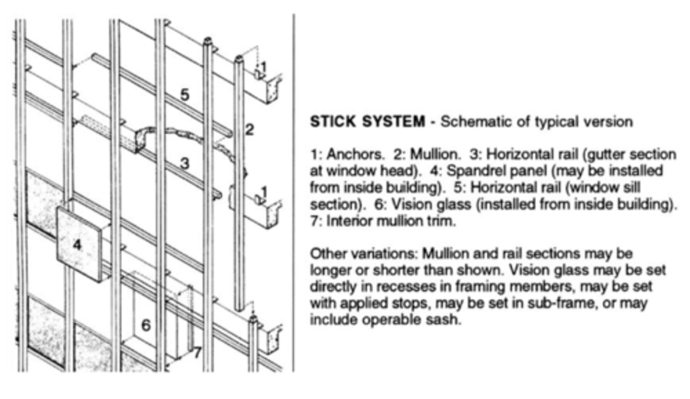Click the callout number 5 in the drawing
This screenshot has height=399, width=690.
[184, 95]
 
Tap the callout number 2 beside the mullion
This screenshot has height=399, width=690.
[249, 129]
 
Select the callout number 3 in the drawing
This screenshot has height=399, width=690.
[184, 164]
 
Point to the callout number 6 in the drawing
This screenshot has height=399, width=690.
[146, 325]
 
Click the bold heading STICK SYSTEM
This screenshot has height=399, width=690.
[367, 122]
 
